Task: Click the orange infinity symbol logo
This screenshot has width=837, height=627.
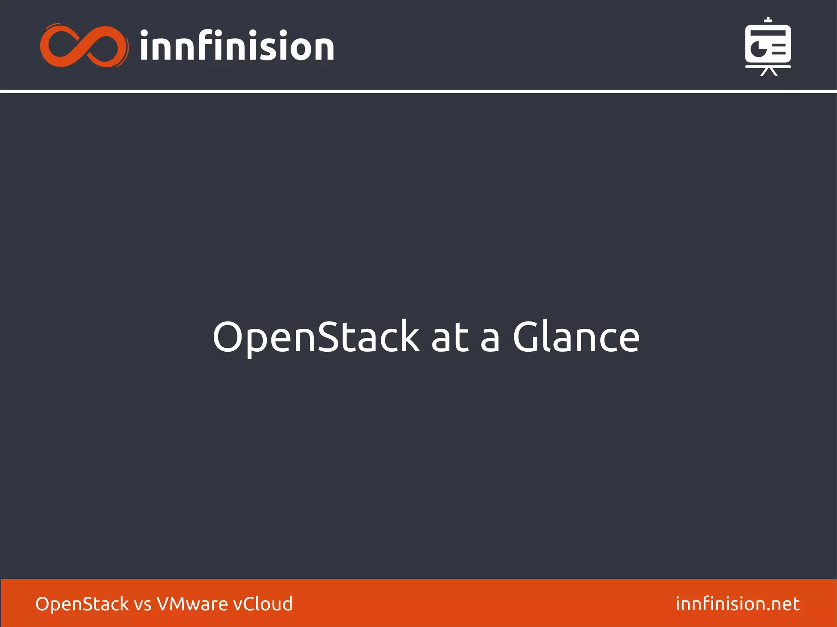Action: coord(84,46)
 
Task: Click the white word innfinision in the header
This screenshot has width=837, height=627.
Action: coord(237,46)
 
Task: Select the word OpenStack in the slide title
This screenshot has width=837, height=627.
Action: coord(316,337)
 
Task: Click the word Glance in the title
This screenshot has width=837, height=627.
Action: coord(576,337)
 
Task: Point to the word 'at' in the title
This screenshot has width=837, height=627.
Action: coord(450,337)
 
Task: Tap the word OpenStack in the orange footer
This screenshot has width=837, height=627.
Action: coord(82,604)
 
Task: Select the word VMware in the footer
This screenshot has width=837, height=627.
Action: coord(192,604)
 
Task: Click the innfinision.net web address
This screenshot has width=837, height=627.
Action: coord(737,604)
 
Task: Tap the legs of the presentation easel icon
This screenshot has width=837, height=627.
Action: coord(768,72)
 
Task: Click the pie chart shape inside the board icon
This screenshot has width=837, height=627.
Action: coord(759,48)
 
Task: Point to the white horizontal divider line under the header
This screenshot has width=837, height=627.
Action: coord(418,91)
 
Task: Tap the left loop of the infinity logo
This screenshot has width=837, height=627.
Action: coord(61,46)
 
